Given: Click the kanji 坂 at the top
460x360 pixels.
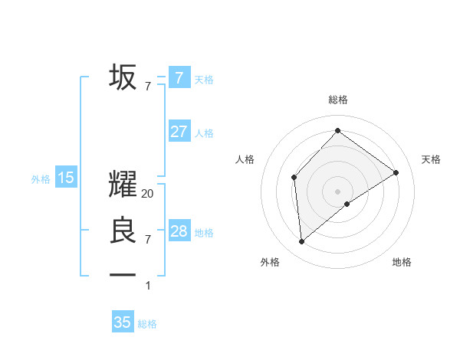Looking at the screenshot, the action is point(123,77).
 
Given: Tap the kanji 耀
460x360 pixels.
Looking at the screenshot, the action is point(123,184).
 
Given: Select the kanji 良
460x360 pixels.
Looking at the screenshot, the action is point(123,231).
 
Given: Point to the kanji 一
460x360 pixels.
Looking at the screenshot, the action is point(123,274).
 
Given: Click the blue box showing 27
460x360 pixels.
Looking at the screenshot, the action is point(179,132).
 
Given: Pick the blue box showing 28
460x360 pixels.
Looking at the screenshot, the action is point(179,231).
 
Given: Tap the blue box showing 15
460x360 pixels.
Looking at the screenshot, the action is point(66,178).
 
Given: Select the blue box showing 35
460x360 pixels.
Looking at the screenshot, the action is point(123,322).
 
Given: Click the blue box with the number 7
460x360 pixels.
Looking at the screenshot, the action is point(179,77).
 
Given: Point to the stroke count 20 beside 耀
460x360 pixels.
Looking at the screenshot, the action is point(148,195).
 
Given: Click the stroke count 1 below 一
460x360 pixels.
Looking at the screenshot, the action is point(148,286).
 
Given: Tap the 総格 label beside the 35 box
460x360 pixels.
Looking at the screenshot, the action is point(147,324).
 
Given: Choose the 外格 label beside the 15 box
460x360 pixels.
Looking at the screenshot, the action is point(41,179).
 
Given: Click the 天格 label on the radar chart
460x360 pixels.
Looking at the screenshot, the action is point(431,159).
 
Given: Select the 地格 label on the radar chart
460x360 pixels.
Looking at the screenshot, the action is point(402,262).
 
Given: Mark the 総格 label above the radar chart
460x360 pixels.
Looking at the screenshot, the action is point(337,100).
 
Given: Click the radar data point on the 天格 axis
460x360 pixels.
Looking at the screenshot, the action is point(396,172).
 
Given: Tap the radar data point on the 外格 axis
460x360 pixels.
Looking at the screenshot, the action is point(302,242).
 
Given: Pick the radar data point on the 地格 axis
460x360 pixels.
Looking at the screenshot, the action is point(347,204).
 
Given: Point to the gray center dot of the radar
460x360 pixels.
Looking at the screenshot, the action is point(337,191).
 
